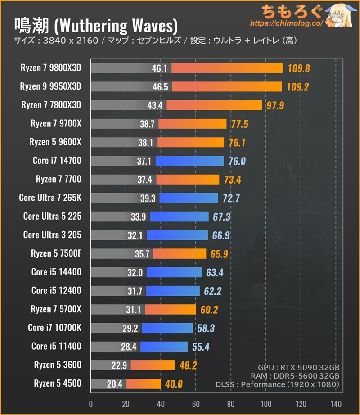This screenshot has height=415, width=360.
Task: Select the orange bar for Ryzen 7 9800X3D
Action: [227, 68]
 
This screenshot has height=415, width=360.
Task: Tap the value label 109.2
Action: [297, 87]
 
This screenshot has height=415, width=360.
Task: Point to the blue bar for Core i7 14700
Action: [189, 161]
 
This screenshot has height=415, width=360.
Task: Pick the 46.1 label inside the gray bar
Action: [160, 68]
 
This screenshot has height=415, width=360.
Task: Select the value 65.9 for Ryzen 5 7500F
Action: [219, 254]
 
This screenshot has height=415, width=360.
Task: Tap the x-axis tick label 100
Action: [266, 403]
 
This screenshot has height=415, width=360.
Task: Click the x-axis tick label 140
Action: [336, 403]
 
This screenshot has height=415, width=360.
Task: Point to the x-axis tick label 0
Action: [91, 403]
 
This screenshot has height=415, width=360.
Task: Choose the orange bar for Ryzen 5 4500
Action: [144, 384]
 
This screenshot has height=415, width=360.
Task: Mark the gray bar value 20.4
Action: [115, 384]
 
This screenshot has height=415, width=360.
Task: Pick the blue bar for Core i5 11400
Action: [164, 347]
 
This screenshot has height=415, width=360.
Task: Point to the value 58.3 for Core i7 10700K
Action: [206, 328]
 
